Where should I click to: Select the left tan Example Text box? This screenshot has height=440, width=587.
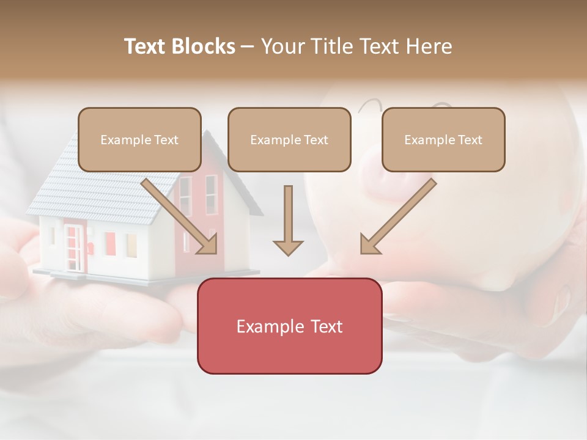[139, 140]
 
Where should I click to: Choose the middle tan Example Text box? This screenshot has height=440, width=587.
[289, 140]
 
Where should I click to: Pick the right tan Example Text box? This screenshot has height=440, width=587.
[443, 140]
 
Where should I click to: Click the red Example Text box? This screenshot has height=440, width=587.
[289, 326]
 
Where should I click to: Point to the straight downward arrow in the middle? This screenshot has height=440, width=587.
[288, 220]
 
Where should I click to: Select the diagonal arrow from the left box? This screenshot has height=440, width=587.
[180, 217]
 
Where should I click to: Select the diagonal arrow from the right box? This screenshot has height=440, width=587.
[397, 217]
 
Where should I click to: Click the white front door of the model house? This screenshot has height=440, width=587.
[73, 248]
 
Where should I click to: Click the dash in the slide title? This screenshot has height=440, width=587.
[248, 46]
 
